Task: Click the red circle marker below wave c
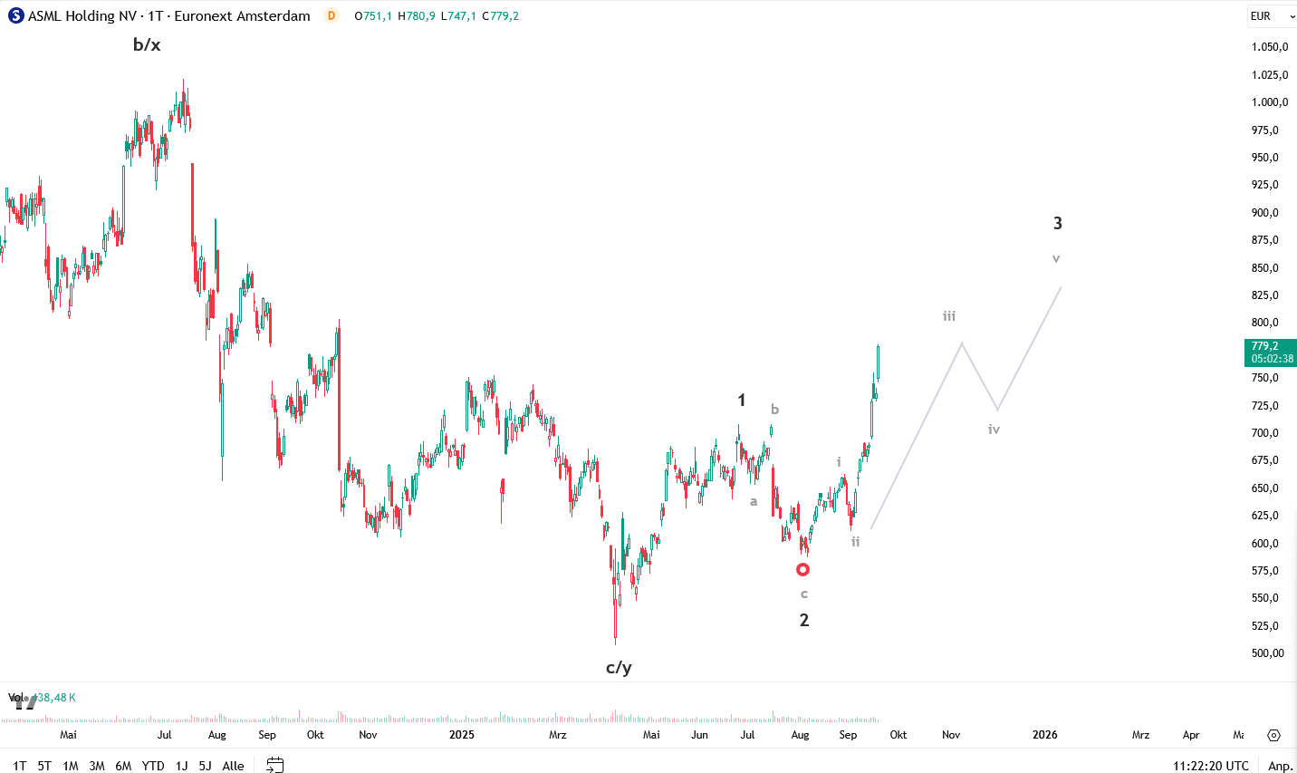pos(802,570)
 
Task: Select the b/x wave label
pos(147,44)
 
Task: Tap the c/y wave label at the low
pos(619,668)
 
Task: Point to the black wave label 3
pos(1057,223)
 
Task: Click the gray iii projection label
pos(949,316)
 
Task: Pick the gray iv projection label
pos(994,430)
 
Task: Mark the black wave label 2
pos(803,621)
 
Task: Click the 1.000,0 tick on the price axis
pos(1269,102)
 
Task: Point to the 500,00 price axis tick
pos(1268,653)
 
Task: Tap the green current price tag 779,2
pos(1271,352)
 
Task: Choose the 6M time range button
pos(123,766)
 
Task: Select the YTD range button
pos(153,766)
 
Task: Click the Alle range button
pos(233,766)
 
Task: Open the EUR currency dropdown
pos(1272,16)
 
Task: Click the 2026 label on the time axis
pos(1044,735)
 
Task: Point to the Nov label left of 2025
pos(368,735)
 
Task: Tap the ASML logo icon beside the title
pos(15,16)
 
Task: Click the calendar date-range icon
pos(275,766)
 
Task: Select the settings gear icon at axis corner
pos(1273,735)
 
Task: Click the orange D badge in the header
pos(331,16)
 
